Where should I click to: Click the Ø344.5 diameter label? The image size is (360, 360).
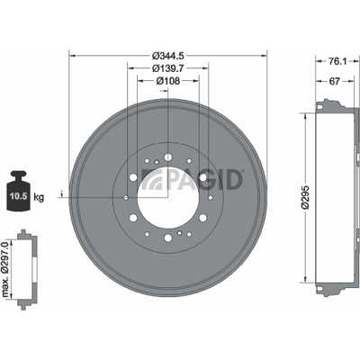[x=167, y=56]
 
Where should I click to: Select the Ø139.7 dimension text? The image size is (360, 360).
[x=167, y=68]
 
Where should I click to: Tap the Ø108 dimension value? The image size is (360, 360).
[x=168, y=81]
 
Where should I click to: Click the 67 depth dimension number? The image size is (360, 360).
[x=334, y=81]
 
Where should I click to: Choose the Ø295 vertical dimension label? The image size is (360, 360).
[x=305, y=197]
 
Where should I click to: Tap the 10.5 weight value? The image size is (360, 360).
[x=19, y=196]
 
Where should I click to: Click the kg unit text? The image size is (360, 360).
[x=39, y=197]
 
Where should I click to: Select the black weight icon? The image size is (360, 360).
[x=18, y=191]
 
